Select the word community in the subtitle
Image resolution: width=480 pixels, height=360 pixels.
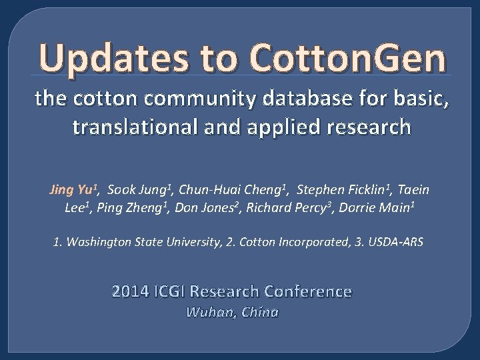pyautogui.click(x=172, y=101)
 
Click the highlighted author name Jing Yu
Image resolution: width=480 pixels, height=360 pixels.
pyautogui.click(x=73, y=190)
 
